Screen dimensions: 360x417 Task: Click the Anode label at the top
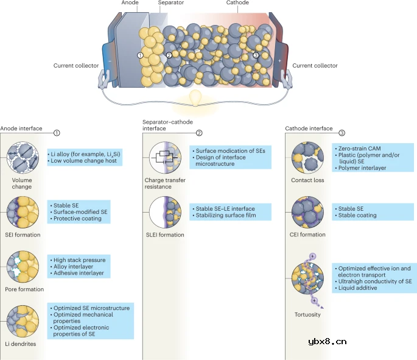[129, 2]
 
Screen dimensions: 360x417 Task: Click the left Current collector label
[76, 66]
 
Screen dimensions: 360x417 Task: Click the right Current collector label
[315, 66]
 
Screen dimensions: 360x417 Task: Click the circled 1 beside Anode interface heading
[57, 133]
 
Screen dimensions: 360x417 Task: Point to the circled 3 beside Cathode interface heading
[342, 133]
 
